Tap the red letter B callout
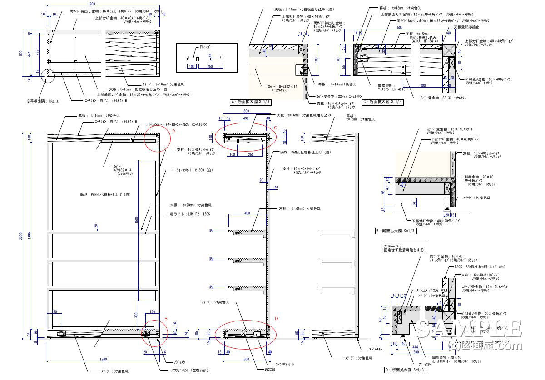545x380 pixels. point(166,319)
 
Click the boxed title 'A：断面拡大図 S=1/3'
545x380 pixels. point(251,102)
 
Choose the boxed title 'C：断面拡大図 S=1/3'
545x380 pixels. point(382,102)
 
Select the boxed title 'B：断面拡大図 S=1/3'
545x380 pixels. point(396,231)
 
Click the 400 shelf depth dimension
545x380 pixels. point(247,213)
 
